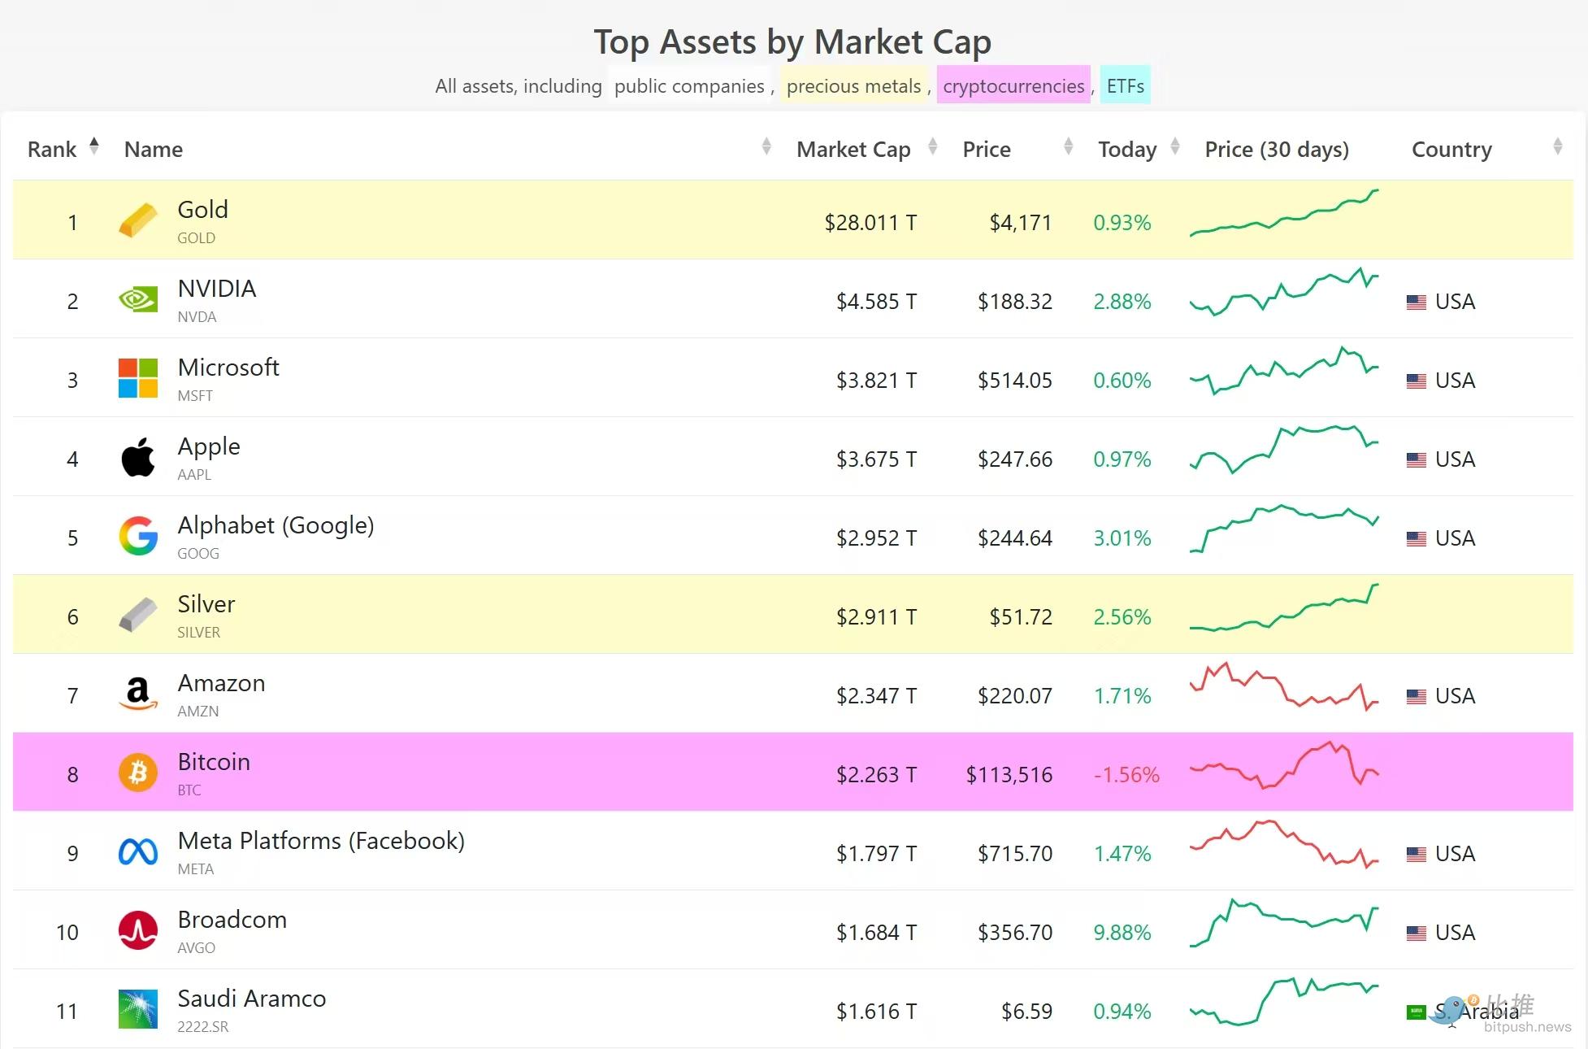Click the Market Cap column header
tap(853, 150)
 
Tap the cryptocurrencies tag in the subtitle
tap(1013, 85)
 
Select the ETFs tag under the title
tap(1125, 85)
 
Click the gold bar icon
tap(138, 220)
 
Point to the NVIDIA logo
tap(138, 300)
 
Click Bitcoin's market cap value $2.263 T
tap(876, 775)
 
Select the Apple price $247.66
tap(1014, 459)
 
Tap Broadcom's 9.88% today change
tap(1122, 933)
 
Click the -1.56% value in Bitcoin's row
tap(1126, 775)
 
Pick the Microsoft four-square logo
tap(138, 379)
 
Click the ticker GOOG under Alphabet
tap(198, 554)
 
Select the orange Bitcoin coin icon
tap(138, 773)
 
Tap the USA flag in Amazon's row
tap(1416, 697)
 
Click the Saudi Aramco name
tap(252, 999)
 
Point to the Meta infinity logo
tap(138, 852)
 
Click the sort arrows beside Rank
tap(94, 146)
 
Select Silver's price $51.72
tap(1020, 617)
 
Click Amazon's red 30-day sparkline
tap(1284, 687)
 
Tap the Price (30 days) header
tap(1276, 150)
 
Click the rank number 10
tap(67, 933)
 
